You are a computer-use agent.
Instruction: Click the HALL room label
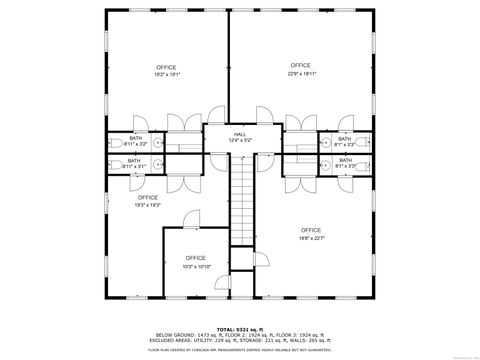240,133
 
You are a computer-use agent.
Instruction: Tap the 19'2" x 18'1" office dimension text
167,74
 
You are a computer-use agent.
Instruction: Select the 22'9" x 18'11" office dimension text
302,72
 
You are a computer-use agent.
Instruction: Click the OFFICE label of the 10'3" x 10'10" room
196,258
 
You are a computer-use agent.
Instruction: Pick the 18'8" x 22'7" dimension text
311,237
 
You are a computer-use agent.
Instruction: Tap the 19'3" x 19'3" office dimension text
148,204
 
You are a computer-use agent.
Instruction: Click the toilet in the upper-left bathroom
114,142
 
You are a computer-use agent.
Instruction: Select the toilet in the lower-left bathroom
114,164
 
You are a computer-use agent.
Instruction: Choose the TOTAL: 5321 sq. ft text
240,328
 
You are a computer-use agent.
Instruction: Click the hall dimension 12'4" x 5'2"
240,140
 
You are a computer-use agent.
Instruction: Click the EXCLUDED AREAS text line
240,340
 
